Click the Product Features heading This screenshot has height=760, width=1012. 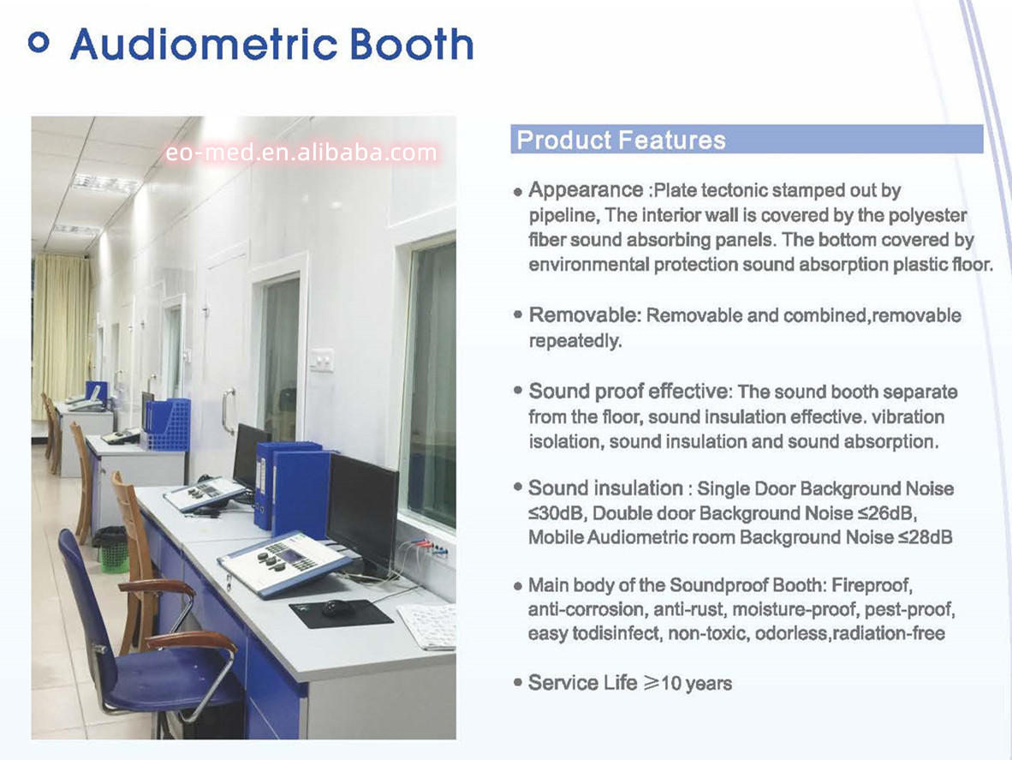[x=621, y=141]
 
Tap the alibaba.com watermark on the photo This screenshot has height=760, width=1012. [x=301, y=153]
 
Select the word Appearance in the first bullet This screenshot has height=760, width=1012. [x=586, y=190]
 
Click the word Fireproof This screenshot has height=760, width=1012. [x=872, y=585]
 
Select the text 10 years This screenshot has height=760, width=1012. [x=696, y=683]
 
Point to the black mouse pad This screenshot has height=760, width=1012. [x=340, y=613]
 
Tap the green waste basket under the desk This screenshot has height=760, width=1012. [x=114, y=551]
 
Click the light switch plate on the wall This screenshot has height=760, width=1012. [x=321, y=360]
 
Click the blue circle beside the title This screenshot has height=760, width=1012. [x=39, y=43]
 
